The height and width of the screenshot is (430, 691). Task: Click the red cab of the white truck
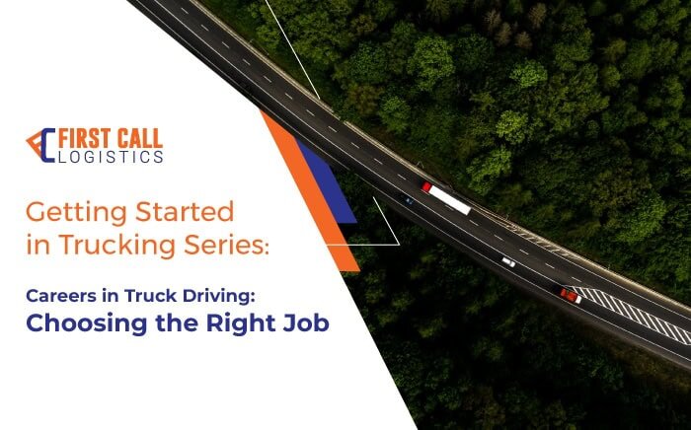point(426,187)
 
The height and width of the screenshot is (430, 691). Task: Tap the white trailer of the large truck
point(449,200)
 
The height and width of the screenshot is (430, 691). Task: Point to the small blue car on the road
point(409,200)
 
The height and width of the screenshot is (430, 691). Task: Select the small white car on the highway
point(508,262)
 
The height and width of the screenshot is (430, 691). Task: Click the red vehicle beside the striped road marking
point(571,296)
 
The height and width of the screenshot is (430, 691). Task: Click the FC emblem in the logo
point(41,145)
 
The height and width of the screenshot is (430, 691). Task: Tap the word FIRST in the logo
point(85,139)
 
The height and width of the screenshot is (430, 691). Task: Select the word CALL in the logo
point(140,139)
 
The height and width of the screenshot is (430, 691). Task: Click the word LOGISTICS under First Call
point(111,157)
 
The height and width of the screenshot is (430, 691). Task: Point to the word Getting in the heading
point(77,213)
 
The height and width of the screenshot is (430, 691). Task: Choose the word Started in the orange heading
point(185,212)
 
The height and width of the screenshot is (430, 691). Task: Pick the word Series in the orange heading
point(226,245)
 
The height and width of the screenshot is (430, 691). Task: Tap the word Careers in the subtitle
point(61,296)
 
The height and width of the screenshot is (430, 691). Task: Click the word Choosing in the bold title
point(87,324)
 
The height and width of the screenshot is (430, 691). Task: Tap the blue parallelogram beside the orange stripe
point(327,182)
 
